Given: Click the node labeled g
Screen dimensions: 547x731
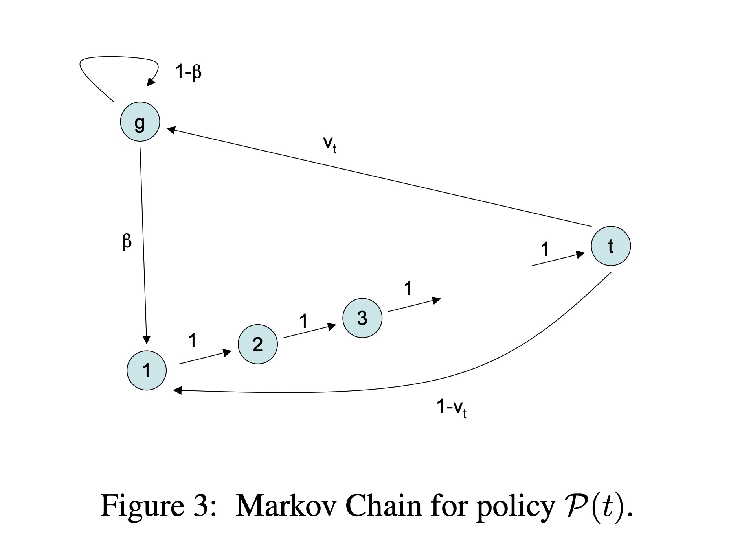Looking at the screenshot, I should coord(140,122).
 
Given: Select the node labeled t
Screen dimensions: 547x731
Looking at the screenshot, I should coord(611,246).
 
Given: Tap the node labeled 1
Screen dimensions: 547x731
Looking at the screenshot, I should coord(147,370).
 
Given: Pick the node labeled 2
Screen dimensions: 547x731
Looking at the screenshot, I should coord(258,344).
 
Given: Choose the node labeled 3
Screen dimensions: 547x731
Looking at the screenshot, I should coord(362,318).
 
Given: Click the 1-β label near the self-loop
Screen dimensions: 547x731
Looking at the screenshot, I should coord(188,72).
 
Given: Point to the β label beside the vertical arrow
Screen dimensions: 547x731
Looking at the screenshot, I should coord(126,242).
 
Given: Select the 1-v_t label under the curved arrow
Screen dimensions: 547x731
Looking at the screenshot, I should coord(452,408).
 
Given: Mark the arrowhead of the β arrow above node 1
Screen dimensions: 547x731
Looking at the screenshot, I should coord(147,340).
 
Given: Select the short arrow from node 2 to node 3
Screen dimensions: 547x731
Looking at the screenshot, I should coord(310,331).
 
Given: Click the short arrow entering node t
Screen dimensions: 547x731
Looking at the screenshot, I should coord(558,259).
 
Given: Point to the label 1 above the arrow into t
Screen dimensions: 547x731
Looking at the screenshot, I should coord(545,249).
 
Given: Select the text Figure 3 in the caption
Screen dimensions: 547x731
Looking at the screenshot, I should coord(153,505).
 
